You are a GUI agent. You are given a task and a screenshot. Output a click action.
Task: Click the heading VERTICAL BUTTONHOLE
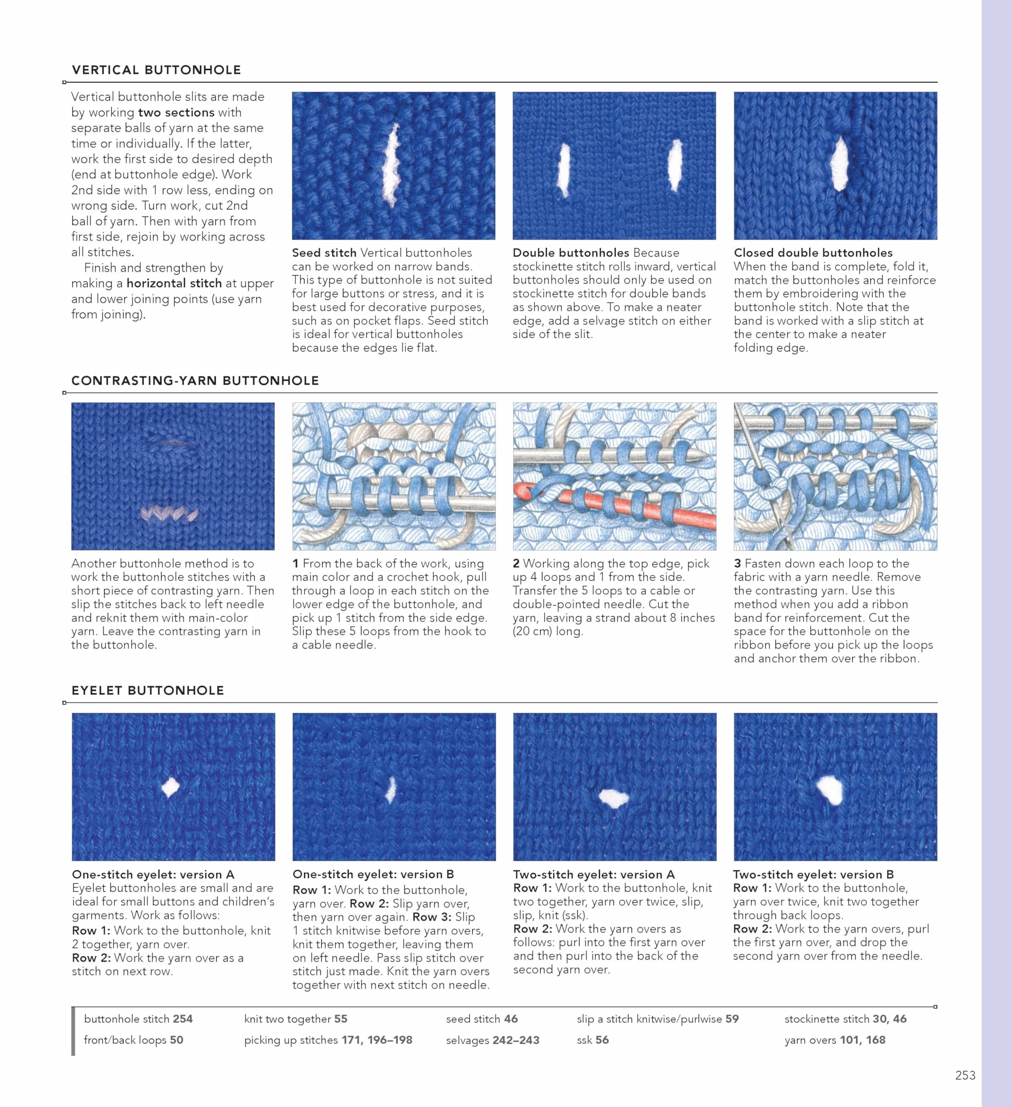point(156,70)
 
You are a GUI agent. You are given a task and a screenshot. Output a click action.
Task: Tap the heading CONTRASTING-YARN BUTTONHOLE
point(195,381)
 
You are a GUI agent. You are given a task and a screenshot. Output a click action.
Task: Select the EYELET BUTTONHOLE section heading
point(148,690)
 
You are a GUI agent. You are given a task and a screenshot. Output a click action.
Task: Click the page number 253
point(965,1075)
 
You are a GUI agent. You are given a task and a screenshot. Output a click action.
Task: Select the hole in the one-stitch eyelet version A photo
point(170,787)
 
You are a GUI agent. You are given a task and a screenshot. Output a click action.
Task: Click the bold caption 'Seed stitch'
point(324,253)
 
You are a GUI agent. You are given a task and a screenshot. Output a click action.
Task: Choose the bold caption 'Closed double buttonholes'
point(813,253)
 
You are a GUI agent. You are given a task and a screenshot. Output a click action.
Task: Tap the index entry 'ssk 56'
point(593,1040)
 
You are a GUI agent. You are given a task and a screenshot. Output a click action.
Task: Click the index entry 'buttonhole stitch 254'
point(139,1019)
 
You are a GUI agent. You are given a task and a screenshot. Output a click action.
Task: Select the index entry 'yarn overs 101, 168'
point(835,1040)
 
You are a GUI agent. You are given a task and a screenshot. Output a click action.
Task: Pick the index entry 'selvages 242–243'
point(493,1040)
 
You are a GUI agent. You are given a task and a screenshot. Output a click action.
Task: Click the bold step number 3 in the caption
point(737,563)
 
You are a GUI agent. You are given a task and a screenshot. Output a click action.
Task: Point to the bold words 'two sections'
point(177,112)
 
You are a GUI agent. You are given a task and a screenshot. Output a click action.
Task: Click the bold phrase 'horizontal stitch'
point(174,283)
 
